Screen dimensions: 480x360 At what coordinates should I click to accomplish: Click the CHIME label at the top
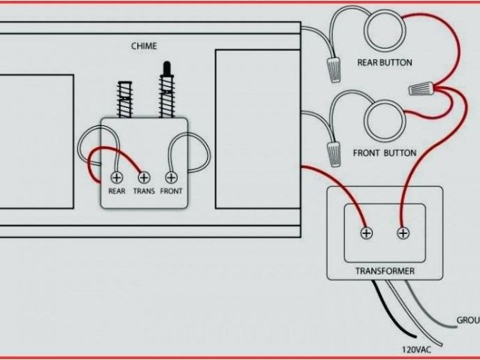(145, 46)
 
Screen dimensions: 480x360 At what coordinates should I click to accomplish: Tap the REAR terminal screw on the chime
(117, 178)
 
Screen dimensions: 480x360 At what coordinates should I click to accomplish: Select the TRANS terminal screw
(144, 178)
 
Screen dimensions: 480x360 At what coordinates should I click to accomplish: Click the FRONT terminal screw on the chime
(172, 178)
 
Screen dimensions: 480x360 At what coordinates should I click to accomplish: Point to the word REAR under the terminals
(117, 191)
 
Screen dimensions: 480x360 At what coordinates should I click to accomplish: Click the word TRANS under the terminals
(144, 191)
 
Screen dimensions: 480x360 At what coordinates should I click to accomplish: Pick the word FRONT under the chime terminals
(172, 191)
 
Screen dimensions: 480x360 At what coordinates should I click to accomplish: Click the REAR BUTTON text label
(385, 63)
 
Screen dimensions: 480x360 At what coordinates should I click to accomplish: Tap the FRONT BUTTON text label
(384, 153)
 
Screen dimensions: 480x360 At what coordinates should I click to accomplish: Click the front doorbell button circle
(385, 121)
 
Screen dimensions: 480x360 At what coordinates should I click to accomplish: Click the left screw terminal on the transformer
(367, 233)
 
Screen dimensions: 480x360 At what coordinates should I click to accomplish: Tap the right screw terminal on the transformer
(403, 233)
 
